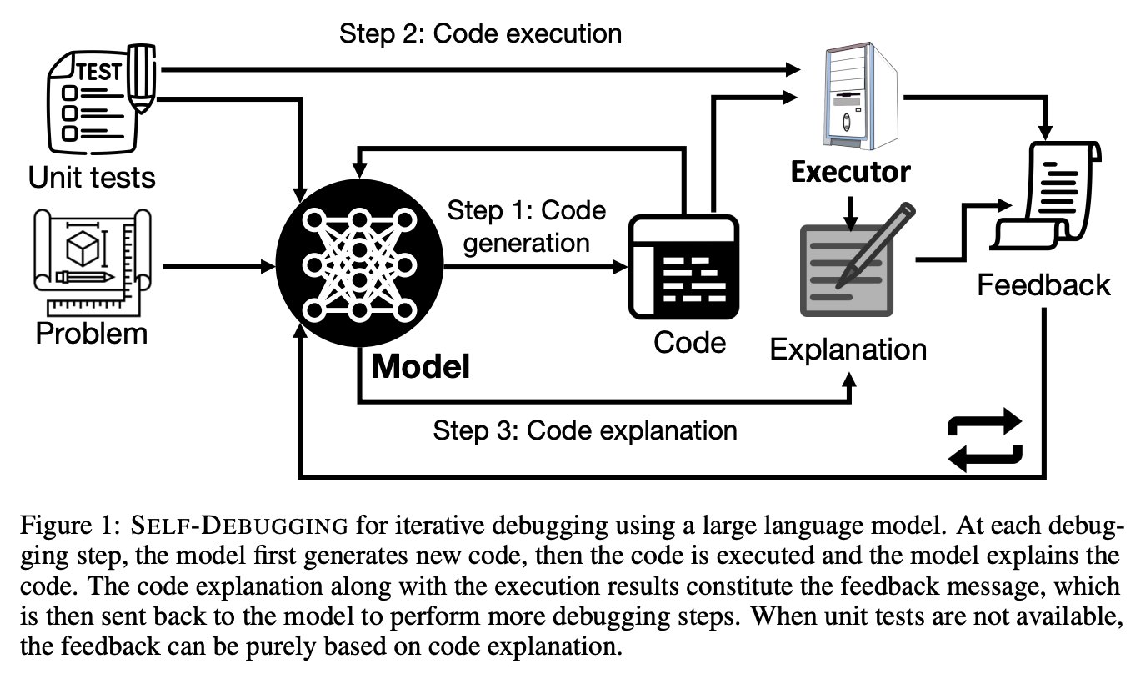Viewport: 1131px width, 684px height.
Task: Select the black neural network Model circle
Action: click(359, 267)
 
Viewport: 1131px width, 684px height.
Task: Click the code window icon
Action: click(683, 267)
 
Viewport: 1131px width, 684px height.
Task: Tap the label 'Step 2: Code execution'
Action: click(480, 34)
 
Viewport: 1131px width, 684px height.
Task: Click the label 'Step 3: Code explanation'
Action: click(585, 430)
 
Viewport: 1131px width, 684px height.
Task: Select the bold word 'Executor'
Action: click(850, 172)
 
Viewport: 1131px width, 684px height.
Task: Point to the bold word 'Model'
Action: click(420, 366)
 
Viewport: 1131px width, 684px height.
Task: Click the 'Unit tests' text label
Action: click(91, 177)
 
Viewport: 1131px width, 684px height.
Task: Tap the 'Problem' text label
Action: click(91, 334)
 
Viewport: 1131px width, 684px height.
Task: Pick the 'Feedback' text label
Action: click(1043, 285)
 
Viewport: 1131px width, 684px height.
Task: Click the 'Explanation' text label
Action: click(848, 348)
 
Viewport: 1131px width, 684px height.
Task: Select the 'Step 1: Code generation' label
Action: click(525, 226)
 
